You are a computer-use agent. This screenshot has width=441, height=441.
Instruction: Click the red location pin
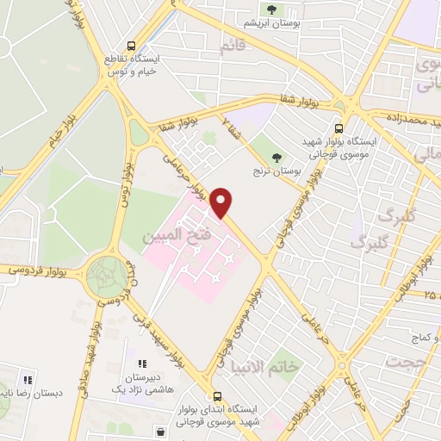tap(221, 202)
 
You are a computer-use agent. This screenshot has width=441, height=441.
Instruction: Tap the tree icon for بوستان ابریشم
tap(272, 10)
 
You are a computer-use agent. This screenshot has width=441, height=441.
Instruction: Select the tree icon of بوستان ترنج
tap(276, 158)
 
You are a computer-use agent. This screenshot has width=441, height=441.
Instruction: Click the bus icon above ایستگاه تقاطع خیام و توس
tap(131, 46)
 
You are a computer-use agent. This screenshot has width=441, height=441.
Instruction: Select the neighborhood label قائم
tap(233, 47)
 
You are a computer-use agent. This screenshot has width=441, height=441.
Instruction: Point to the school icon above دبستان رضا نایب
tap(27, 379)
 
